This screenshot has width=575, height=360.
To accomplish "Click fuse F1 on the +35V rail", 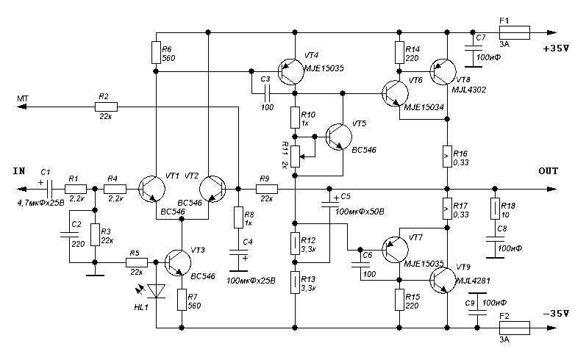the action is tap(514, 32).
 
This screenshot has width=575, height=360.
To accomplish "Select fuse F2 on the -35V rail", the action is tap(514, 328).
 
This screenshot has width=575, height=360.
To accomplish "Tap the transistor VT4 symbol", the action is tap(291, 71).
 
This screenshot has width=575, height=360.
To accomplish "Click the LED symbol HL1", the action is tap(156, 291).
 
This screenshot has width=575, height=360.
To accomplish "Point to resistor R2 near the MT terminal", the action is tap(107, 107).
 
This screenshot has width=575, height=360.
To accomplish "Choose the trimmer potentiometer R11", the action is tap(296, 156).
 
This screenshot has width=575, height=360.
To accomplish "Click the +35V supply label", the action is tap(556, 48).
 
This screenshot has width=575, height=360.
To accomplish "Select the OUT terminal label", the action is tap(549, 170).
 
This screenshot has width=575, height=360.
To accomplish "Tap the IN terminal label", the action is tap(19, 170).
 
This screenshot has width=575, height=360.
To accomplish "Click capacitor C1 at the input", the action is tap(51, 189).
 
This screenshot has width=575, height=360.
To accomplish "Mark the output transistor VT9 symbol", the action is tap(443, 281).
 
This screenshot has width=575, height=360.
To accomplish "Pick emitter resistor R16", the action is tap(447, 156).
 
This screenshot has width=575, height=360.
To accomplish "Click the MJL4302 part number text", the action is tap(468, 90).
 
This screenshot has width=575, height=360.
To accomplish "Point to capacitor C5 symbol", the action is tap(329, 204).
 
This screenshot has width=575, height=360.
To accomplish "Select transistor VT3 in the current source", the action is tap(178, 262).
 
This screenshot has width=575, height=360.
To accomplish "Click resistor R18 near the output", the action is tap(495, 209).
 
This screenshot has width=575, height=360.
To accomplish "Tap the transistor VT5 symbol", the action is tap(338, 137).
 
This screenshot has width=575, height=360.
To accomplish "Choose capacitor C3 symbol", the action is tap(268, 94).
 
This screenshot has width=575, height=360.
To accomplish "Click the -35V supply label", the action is tap(556, 314).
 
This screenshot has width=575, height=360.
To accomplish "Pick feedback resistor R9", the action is tap(267, 189).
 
